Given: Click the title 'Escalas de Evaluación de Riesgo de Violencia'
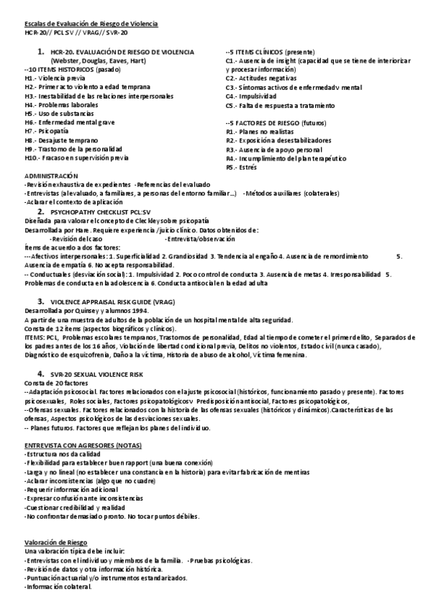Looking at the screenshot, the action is (x=91, y=24).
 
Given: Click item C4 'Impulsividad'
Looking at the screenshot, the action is (x=250, y=96).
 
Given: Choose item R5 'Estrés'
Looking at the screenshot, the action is (x=241, y=167).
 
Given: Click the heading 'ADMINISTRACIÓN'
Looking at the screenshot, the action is (x=51, y=176).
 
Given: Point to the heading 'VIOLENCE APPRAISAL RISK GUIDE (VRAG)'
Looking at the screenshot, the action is (x=113, y=301).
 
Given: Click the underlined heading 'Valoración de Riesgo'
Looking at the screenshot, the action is (x=55, y=542).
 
